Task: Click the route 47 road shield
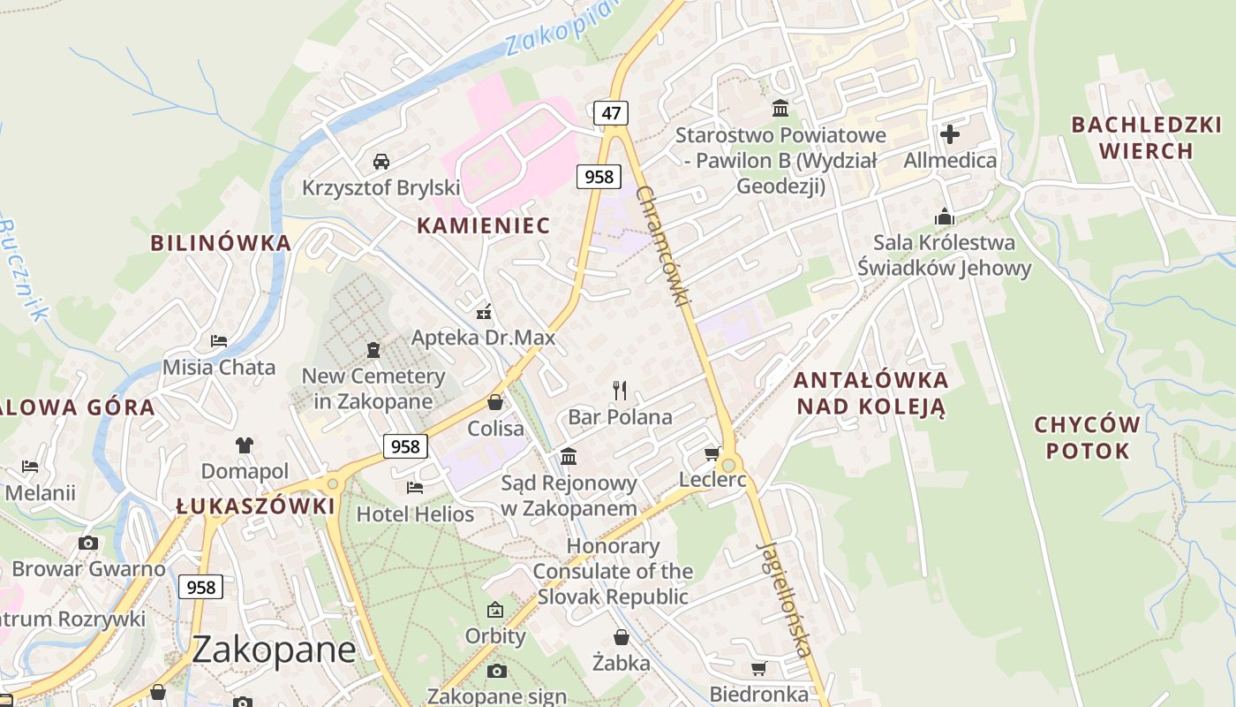click(x=611, y=113)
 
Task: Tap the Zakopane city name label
click(x=274, y=650)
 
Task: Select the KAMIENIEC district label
click(x=483, y=225)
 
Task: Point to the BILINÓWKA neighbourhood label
click(x=220, y=243)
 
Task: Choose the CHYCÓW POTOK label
click(x=1087, y=437)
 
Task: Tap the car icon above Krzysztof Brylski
click(x=381, y=161)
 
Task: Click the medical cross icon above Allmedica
click(x=950, y=134)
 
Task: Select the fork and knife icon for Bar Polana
click(x=620, y=390)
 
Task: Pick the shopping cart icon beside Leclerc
click(x=712, y=454)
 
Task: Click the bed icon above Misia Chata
click(x=219, y=340)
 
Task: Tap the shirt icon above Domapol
click(x=245, y=445)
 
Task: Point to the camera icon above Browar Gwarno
click(x=88, y=543)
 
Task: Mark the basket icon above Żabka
click(x=622, y=637)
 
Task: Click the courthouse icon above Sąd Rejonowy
click(x=569, y=457)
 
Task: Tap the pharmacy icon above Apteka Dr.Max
click(x=483, y=311)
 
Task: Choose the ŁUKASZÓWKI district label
click(x=255, y=506)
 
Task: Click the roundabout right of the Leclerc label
click(x=728, y=466)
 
